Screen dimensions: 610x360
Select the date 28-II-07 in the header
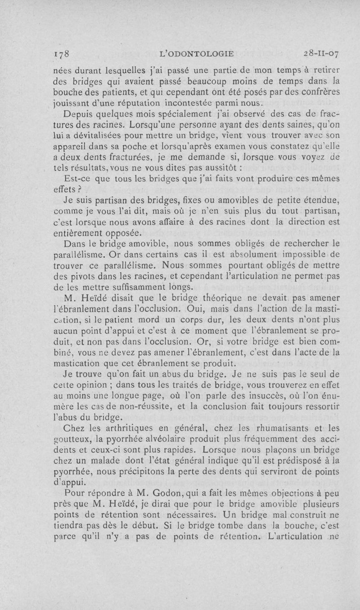tap(321, 54)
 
